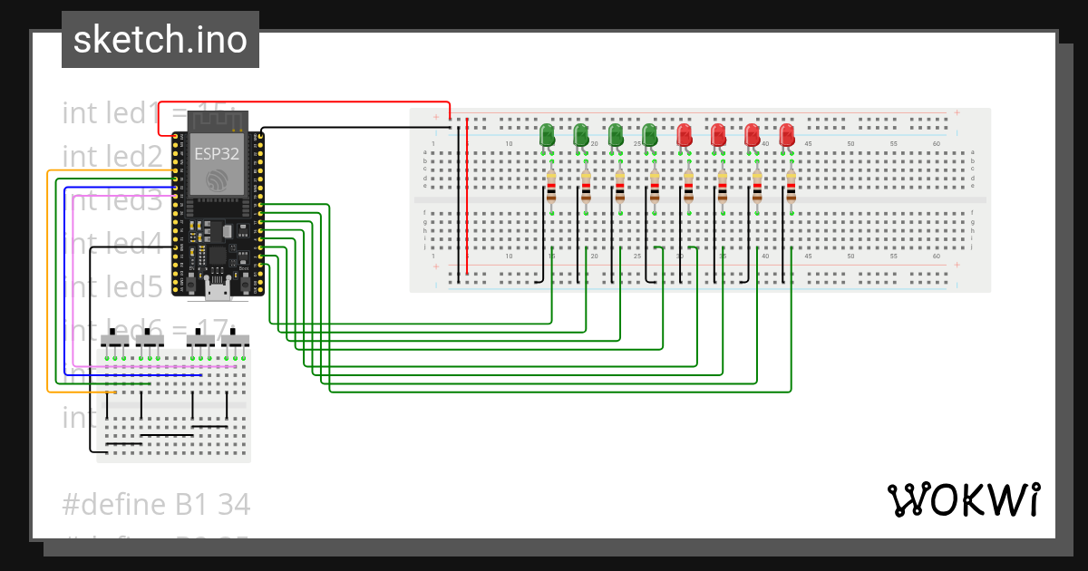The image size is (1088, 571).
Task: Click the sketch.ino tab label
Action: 160,40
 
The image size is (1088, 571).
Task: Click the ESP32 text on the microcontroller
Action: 215,153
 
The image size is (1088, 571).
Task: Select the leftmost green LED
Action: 547,135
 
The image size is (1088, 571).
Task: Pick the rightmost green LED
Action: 649,135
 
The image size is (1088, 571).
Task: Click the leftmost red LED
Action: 685,135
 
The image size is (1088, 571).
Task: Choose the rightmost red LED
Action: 787,135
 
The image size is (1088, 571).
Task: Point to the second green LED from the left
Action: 581,135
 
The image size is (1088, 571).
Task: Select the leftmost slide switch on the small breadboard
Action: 115,340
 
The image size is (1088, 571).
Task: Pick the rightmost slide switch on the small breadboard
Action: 237,340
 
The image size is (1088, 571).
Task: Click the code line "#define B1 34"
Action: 156,504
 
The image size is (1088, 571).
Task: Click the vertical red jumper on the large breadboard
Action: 467,195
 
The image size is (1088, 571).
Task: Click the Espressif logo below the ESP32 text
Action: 216,179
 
